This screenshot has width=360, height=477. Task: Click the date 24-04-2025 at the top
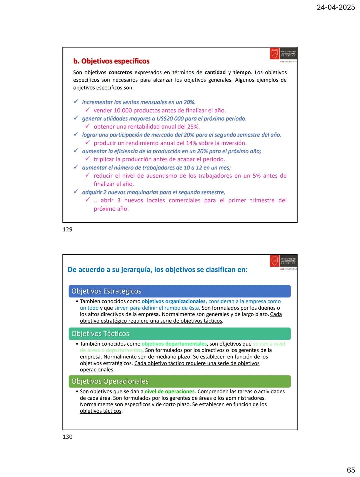click(336, 7)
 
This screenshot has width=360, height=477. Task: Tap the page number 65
click(351, 470)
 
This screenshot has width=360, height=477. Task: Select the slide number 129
click(67, 229)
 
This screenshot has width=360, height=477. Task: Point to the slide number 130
click(67, 437)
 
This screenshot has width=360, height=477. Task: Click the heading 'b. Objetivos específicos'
click(111, 61)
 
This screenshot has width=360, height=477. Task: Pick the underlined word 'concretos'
click(120, 73)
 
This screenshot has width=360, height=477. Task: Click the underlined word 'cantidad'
click(215, 73)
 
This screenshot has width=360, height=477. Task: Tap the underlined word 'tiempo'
click(242, 73)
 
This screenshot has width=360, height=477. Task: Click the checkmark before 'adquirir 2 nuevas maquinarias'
click(76, 192)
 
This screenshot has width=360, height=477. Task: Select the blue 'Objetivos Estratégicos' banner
click(179, 291)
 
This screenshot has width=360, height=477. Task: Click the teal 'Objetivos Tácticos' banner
click(179, 334)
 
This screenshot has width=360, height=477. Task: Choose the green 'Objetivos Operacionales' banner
click(179, 381)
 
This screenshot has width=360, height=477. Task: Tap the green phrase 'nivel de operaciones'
click(169, 392)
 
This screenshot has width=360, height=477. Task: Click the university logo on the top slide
click(283, 54)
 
